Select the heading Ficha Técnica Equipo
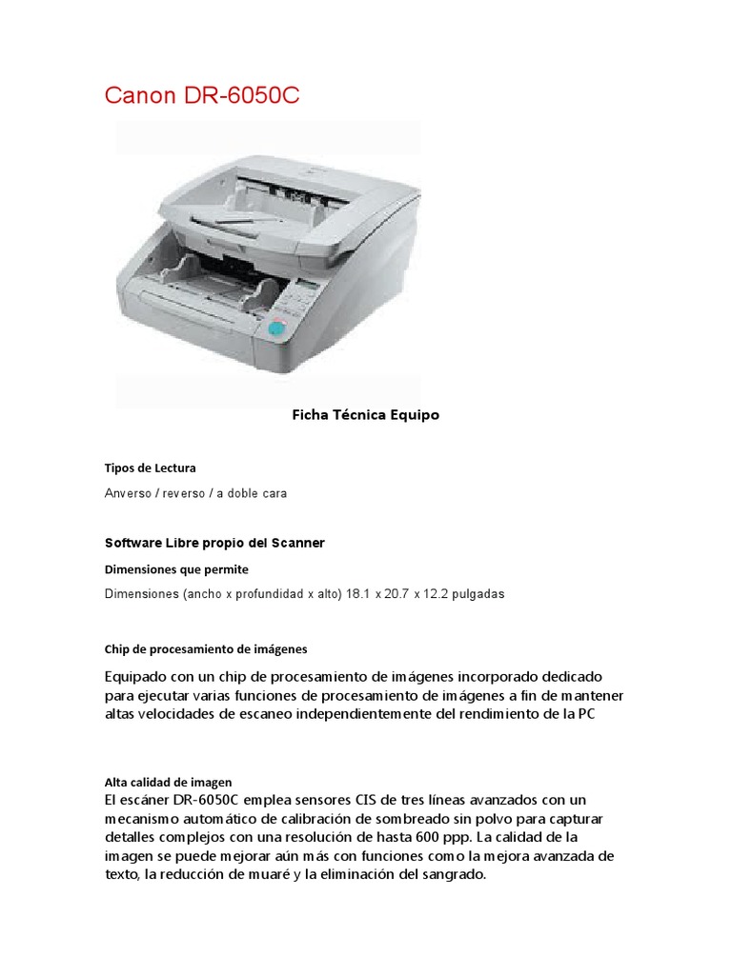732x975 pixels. pyautogui.click(x=365, y=415)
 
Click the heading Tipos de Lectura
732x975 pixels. pyautogui.click(x=150, y=468)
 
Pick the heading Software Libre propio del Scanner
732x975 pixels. pyautogui.click(x=214, y=543)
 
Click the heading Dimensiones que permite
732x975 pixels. pyautogui.click(x=176, y=569)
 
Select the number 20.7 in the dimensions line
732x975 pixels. pyautogui.click(x=396, y=594)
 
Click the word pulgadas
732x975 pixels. pyautogui.click(x=476, y=594)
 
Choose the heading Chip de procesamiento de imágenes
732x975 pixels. pyautogui.click(x=206, y=649)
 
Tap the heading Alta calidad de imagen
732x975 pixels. pyautogui.click(x=168, y=782)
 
